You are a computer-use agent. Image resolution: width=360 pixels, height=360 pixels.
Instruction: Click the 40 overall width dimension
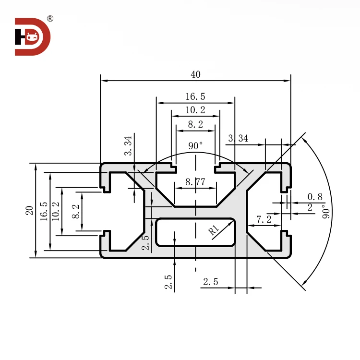tap(195, 74)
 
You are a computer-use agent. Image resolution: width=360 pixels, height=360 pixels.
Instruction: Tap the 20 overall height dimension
tap(29, 210)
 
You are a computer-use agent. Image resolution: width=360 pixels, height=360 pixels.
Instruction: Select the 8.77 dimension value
tap(195, 182)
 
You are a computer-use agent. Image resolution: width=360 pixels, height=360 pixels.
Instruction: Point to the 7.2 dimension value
tap(264, 219)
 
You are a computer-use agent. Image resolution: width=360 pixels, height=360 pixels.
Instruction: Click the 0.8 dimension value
tap(315, 196)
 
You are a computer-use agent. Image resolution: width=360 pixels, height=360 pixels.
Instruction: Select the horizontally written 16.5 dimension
tap(195, 96)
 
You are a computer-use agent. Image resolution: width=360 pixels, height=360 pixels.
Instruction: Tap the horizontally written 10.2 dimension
tap(195, 110)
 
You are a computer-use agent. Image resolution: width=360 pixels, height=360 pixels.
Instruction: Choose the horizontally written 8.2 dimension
tap(195, 124)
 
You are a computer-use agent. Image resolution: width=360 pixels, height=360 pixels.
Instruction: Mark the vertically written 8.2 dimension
tap(75, 211)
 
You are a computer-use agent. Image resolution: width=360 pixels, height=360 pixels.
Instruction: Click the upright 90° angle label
tap(195, 145)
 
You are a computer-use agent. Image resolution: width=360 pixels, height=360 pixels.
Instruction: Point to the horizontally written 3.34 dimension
tap(238, 138)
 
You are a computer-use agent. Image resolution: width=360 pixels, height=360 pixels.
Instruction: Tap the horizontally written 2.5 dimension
tap(210, 282)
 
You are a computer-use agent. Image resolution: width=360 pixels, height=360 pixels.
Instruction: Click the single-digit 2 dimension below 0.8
tap(310, 207)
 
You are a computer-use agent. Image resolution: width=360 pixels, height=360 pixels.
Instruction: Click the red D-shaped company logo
tap(32, 36)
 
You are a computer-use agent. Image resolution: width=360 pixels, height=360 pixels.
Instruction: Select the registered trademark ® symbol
tap(50, 19)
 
